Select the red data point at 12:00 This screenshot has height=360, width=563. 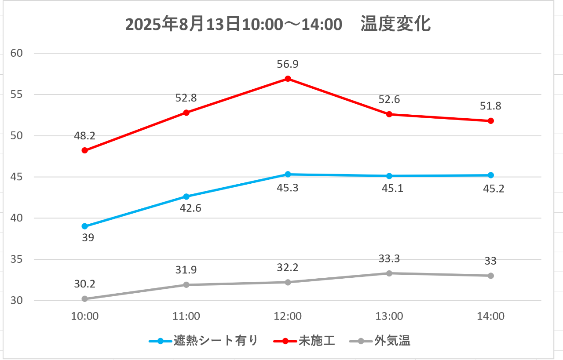click(x=288, y=79)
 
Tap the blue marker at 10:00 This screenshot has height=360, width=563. click(x=85, y=226)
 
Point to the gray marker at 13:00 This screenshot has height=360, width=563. click(x=389, y=273)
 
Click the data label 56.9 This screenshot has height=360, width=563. click(x=288, y=65)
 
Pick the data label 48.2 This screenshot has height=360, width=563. click(x=85, y=136)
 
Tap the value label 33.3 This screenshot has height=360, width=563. click(x=389, y=259)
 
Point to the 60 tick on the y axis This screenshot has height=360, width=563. click(x=16, y=53)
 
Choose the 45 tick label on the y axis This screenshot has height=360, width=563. click(x=16, y=177)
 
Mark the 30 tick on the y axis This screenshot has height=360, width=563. click(x=16, y=301)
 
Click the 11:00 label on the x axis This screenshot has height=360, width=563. click(x=186, y=316)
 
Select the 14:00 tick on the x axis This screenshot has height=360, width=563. click(x=490, y=316)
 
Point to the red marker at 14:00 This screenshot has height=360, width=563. click(x=490, y=121)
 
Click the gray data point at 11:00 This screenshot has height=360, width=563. click(x=186, y=285)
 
